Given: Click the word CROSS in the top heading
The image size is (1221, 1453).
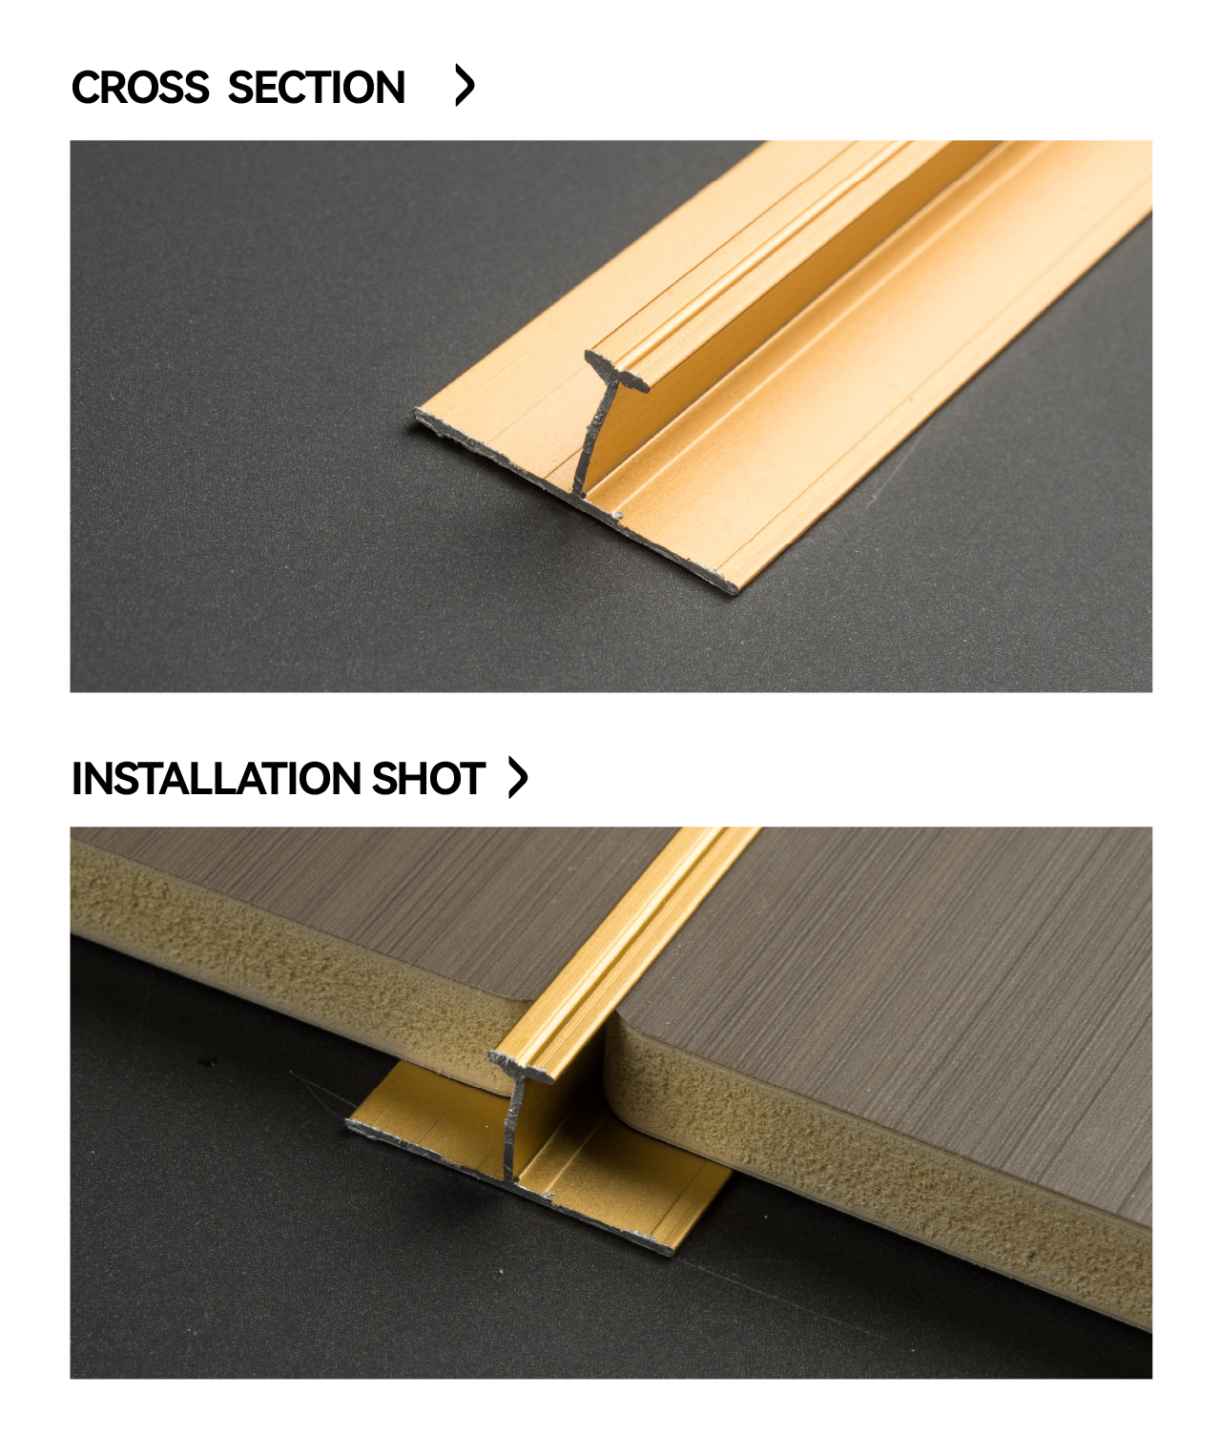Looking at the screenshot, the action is [140, 87].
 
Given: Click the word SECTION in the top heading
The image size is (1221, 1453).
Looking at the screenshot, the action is [317, 87].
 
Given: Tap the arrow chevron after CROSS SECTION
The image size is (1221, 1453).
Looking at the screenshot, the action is [465, 85].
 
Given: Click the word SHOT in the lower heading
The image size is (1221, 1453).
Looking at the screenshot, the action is [428, 778].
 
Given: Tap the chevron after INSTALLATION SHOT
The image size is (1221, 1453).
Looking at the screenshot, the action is [518, 777].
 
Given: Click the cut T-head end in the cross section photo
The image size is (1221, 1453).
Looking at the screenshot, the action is [617, 372].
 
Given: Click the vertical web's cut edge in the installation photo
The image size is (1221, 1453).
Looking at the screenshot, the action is [513, 1131].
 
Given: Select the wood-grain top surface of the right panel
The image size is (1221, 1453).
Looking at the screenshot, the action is [905, 974].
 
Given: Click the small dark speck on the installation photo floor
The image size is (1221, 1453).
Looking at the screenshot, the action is [205, 1062].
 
